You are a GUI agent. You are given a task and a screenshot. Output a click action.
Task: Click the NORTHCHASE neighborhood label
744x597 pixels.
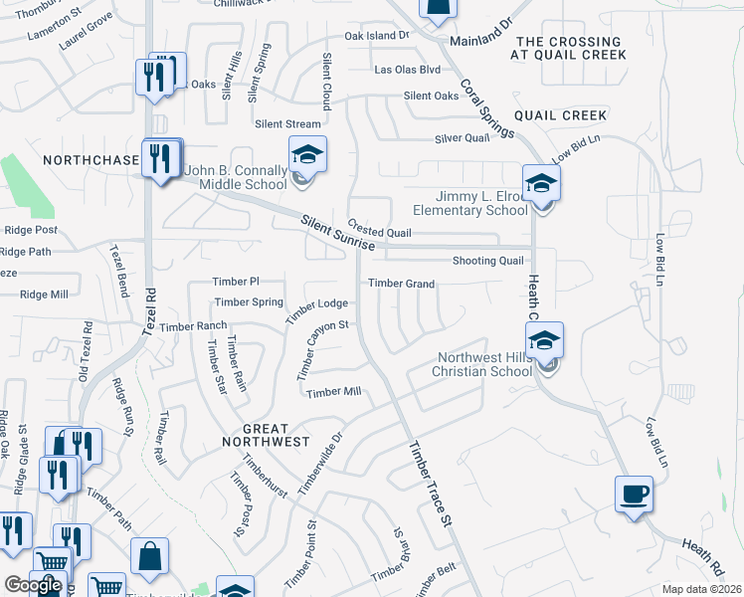[x=91, y=159]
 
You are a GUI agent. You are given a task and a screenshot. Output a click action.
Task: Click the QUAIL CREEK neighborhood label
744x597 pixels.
[x=571, y=115]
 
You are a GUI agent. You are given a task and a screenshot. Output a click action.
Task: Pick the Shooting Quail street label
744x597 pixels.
[x=487, y=261]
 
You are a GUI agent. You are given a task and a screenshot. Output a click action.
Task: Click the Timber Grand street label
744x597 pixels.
[x=402, y=284]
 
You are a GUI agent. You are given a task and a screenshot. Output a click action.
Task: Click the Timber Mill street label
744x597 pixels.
[x=333, y=392]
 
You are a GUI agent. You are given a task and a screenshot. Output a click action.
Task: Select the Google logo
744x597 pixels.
[x=33, y=585]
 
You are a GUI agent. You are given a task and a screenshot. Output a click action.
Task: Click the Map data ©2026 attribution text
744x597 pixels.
[x=701, y=589]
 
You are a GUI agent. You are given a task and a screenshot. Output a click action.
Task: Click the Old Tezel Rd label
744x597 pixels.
[x=84, y=351]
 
